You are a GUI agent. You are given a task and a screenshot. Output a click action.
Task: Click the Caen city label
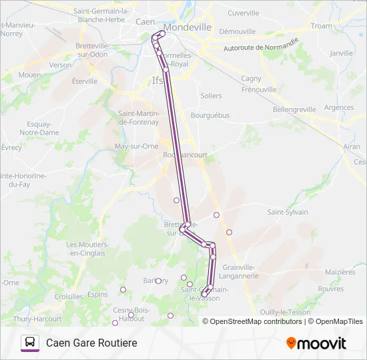(x=145, y=22)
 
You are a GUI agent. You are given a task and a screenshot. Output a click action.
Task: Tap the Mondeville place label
(x=188, y=27)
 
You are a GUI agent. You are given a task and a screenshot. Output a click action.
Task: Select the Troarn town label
(x=321, y=25)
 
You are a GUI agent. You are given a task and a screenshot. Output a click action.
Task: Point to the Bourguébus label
(x=210, y=115)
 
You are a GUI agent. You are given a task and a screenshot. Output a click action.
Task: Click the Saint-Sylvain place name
(x=288, y=212)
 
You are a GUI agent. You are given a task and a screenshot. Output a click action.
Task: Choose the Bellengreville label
(x=297, y=108)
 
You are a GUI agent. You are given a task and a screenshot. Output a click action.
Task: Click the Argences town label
(x=338, y=107)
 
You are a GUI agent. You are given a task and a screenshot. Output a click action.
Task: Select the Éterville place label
(x=84, y=81)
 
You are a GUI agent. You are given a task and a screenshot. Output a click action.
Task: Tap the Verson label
(x=60, y=65)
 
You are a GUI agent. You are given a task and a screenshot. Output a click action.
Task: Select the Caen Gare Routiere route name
(x=91, y=343)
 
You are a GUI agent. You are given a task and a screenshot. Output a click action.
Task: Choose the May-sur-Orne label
(x=136, y=146)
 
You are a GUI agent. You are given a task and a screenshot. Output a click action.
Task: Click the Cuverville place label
(x=243, y=13)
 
